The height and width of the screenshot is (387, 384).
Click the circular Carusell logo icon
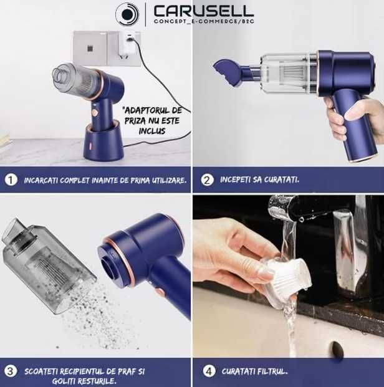point(127,14)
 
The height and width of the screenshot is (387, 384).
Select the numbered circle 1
point(11,179)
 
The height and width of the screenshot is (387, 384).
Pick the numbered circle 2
point(207,179)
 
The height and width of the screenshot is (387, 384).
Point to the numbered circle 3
point(11,371)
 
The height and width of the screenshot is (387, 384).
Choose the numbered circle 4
point(209,371)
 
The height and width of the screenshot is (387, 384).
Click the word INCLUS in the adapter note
point(152,131)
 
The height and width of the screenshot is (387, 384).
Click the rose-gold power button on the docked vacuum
point(95,113)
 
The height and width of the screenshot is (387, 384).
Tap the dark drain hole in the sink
point(338,348)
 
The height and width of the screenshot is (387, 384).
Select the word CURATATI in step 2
point(282,179)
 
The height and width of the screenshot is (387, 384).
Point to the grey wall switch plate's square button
point(90,49)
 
